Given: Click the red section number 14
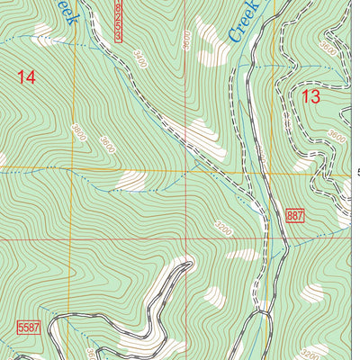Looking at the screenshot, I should pyautogui.click(x=26, y=78).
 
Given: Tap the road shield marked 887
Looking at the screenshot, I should pyautogui.click(x=295, y=215).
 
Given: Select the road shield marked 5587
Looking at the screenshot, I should pyautogui.click(x=30, y=325).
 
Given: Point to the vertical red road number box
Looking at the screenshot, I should pyautogui.click(x=121, y=20).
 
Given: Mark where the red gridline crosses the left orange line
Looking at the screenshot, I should pyautogui.click(x=70, y=240).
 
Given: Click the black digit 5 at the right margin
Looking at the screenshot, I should pyautogui.click(x=357, y=172).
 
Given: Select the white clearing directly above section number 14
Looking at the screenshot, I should pyautogui.click(x=42, y=33).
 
